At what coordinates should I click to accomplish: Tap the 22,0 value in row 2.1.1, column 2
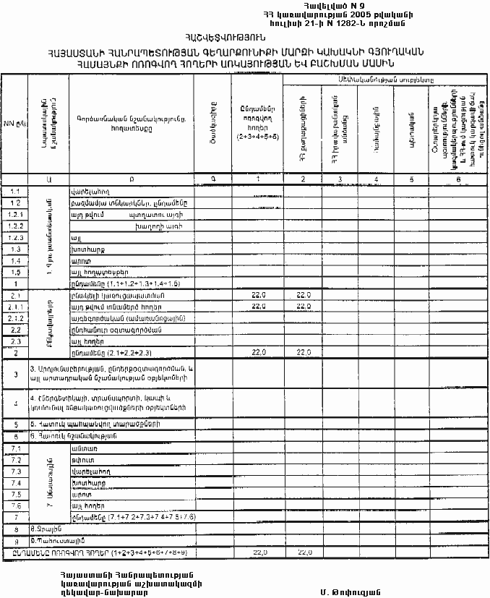coord(304,306)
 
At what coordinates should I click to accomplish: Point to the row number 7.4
coord(15,482)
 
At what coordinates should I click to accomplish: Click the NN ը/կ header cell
coord(14,124)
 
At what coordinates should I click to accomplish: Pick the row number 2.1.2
coord(14,317)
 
